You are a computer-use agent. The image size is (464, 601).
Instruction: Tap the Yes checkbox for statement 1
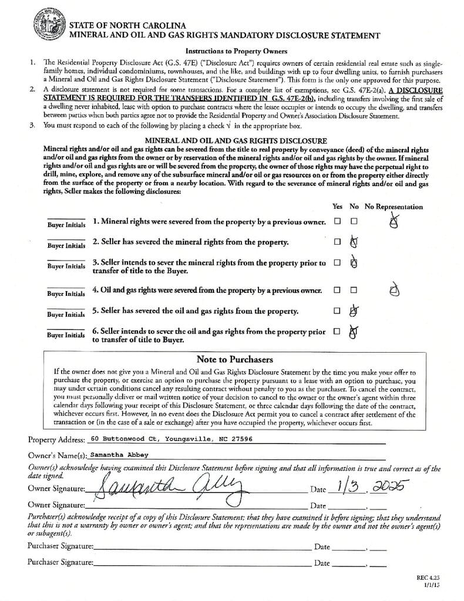337,222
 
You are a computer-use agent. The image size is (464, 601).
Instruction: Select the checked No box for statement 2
354,242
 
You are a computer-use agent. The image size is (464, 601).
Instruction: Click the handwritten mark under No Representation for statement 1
396,221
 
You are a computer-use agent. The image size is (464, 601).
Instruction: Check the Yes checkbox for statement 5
337,310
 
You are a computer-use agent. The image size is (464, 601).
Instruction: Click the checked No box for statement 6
354,332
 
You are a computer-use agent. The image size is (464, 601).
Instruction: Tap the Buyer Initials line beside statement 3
66,261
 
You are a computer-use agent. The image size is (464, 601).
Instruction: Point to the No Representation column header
393,207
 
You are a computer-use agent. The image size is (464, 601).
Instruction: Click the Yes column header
337,207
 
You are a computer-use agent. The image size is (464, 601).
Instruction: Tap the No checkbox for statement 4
354,290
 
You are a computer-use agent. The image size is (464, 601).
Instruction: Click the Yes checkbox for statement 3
337,262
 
